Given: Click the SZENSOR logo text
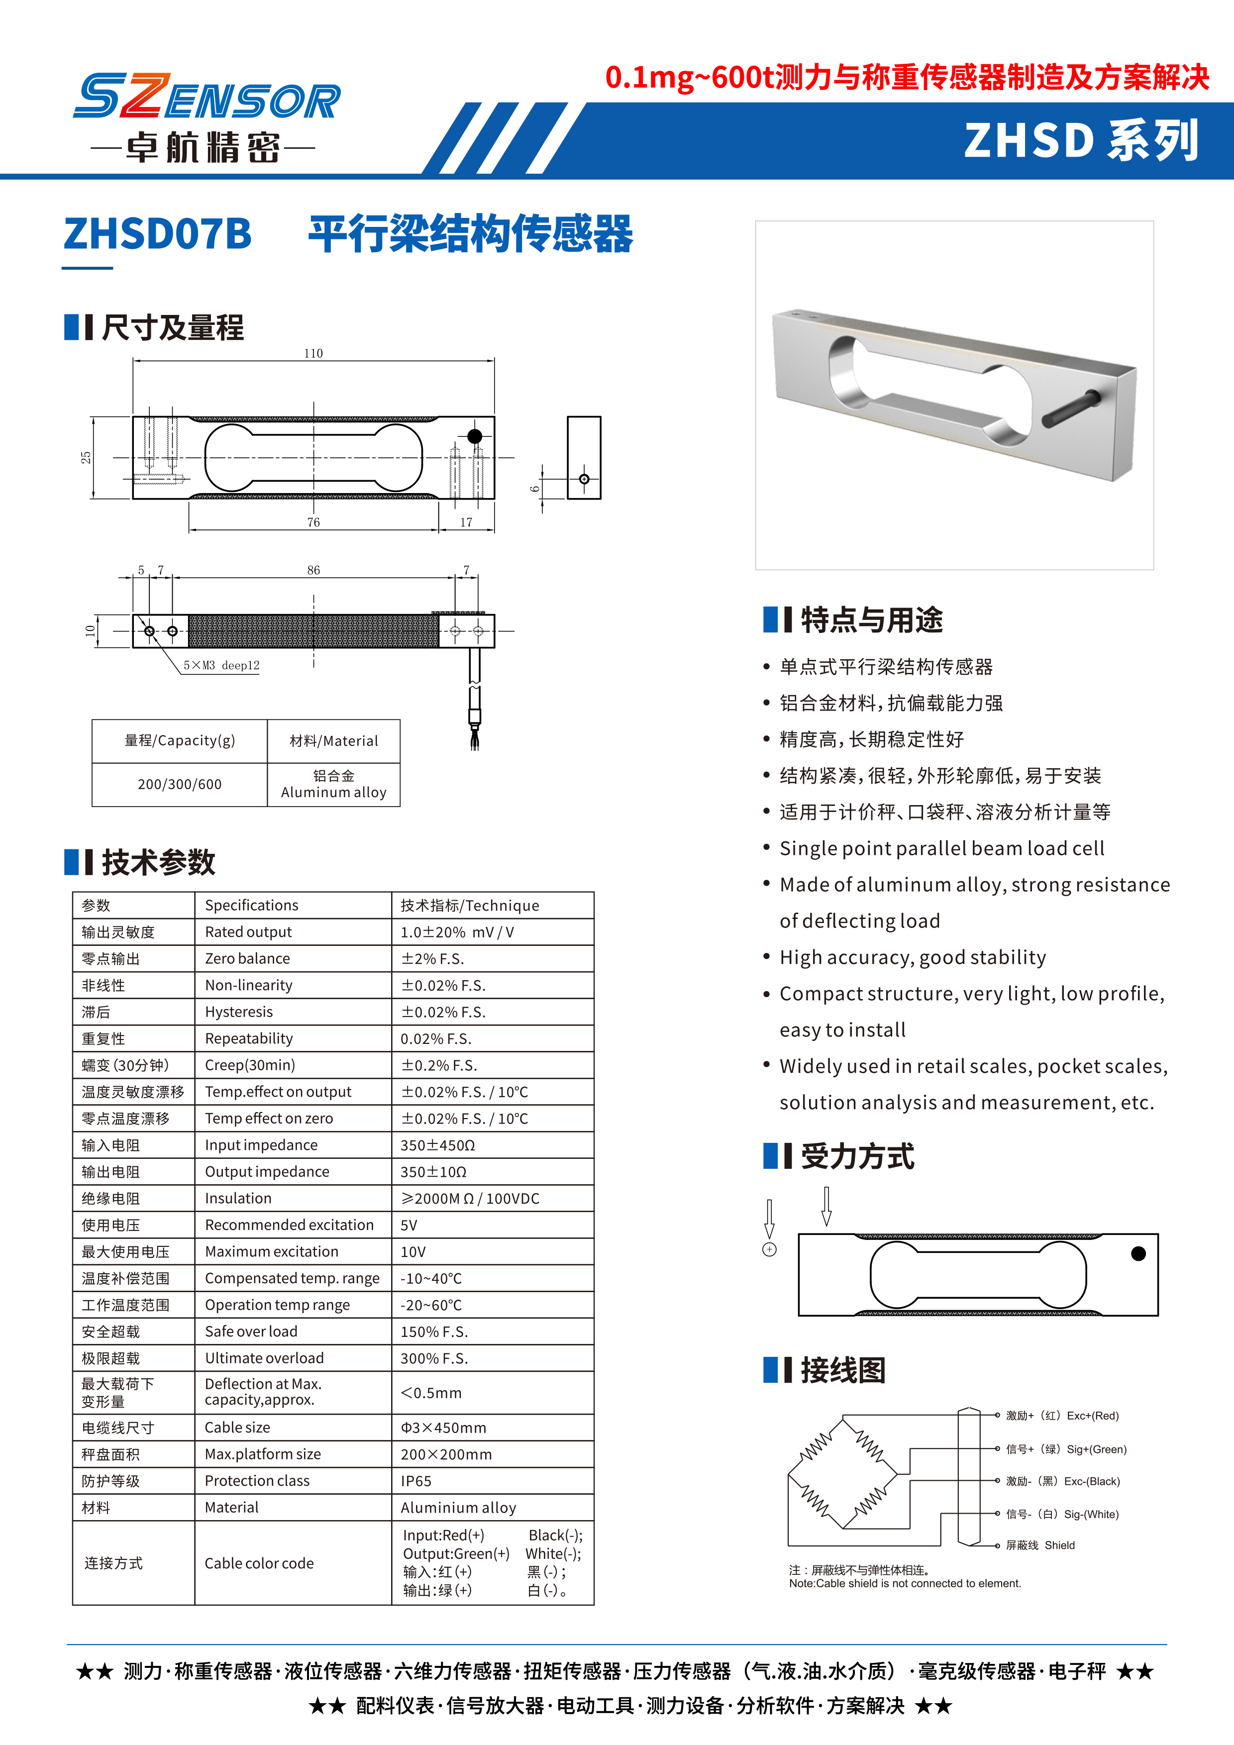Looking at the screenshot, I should pos(206,98).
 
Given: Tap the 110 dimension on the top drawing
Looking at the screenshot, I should pos(313,353).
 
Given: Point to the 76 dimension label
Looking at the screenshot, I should pos(313,522).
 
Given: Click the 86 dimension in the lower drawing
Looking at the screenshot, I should pos(313,570).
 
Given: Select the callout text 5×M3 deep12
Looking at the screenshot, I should pos(221,665).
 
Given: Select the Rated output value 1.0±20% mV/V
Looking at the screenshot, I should pos(457,932).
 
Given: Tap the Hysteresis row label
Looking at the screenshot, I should pos(239,1012).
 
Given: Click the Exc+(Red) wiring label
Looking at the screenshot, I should pos(1092,1415).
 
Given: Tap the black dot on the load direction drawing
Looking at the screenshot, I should pos(1137,1254).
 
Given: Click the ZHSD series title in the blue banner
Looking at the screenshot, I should pos(1081,141).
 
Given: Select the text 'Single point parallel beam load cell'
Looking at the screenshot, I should pos(941,848).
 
